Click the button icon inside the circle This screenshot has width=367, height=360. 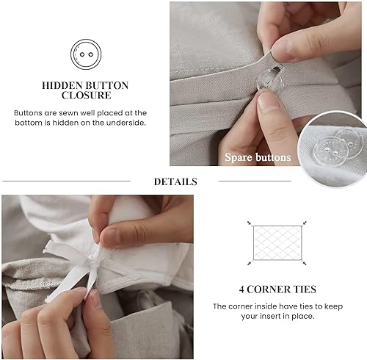84,54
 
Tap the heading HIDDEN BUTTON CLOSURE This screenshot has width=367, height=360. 85,90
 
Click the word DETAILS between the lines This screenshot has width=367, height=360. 175,181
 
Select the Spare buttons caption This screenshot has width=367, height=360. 258,157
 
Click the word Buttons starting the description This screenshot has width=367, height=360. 29,112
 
